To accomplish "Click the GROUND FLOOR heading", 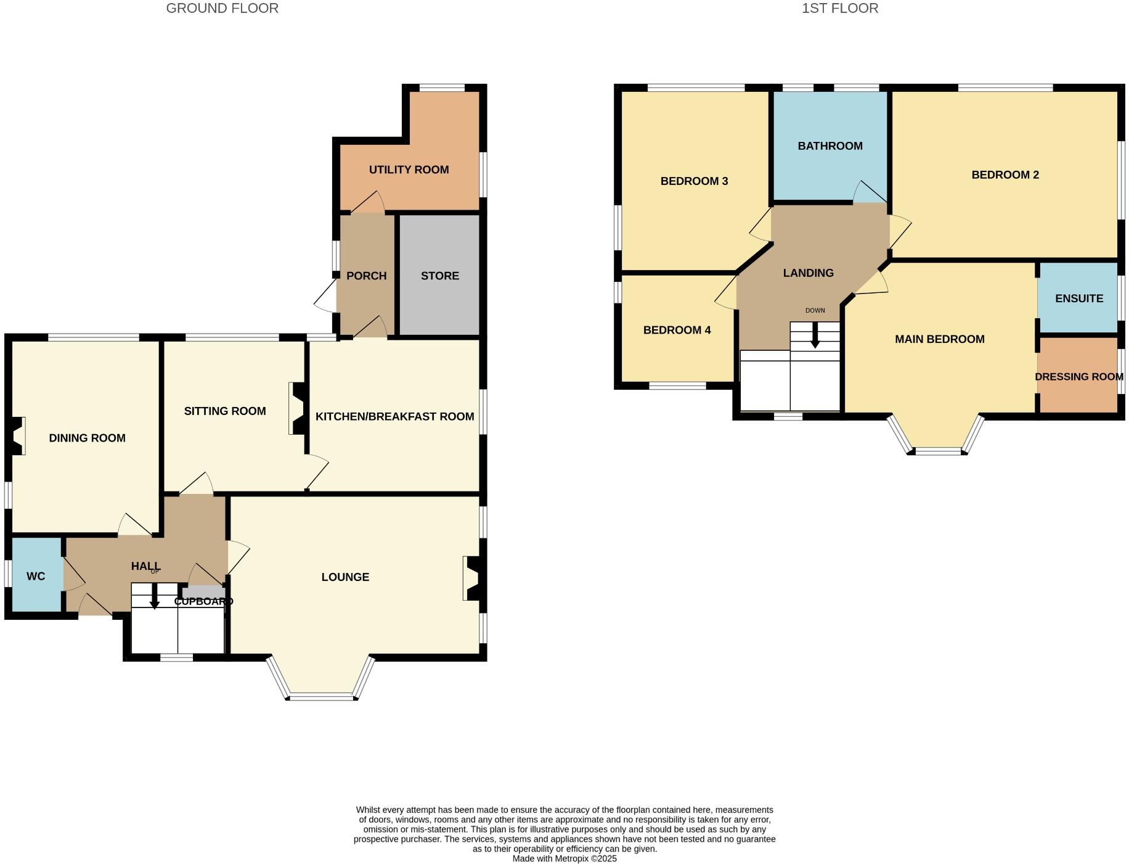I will pos(222,9).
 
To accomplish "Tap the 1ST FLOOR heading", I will pos(839,9).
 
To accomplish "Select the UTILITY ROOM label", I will pos(409,170).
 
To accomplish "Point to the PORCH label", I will pos(366,276).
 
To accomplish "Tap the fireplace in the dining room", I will pos(17,436).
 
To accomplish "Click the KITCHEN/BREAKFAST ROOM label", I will pos(394,416).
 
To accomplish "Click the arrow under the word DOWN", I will pos(815,337).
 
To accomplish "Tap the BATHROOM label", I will pos(829,146).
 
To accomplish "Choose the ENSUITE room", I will pos(1078,298).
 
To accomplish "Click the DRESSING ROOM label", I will pos(1078,377).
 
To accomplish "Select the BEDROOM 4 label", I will pos(677,330).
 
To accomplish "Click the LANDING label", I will pos(808,273).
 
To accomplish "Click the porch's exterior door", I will pos(326,297).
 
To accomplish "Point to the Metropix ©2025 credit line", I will pos(564,858).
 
